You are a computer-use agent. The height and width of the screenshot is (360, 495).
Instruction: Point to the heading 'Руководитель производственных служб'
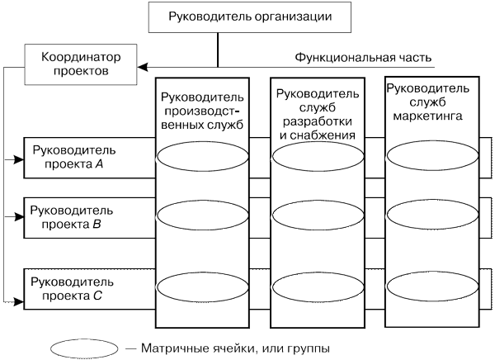coord(202,112)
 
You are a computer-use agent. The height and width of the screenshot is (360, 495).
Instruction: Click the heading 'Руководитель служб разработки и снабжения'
coord(317,113)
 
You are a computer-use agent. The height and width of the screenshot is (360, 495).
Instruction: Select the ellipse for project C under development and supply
coord(317,285)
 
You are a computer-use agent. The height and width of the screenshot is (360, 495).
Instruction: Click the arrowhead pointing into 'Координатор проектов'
coord(143,64)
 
